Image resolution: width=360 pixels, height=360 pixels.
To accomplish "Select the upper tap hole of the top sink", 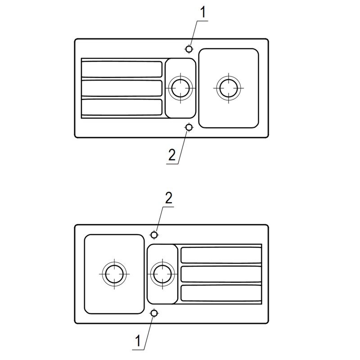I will click(189, 49).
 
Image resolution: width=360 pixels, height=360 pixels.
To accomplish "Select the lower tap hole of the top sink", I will click(189, 127).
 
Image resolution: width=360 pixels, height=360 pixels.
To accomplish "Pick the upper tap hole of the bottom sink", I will click(154, 234).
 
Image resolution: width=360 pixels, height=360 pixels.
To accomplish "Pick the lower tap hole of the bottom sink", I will click(154, 313).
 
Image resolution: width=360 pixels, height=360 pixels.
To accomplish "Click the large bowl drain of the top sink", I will click(228, 87).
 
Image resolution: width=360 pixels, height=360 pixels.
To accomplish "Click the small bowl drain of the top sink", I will click(180, 88).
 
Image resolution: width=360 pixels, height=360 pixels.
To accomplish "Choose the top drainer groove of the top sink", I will click(121, 69).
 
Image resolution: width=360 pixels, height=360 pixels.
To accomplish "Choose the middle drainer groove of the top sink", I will click(121, 88).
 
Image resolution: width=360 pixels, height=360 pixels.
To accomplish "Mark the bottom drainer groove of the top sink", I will click(121, 107).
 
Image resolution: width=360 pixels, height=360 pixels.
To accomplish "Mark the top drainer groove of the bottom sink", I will click(221, 255).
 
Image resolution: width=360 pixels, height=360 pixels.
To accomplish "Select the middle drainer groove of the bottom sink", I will click(221, 274).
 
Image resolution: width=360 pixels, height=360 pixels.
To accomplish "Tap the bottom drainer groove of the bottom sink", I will click(221, 293).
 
